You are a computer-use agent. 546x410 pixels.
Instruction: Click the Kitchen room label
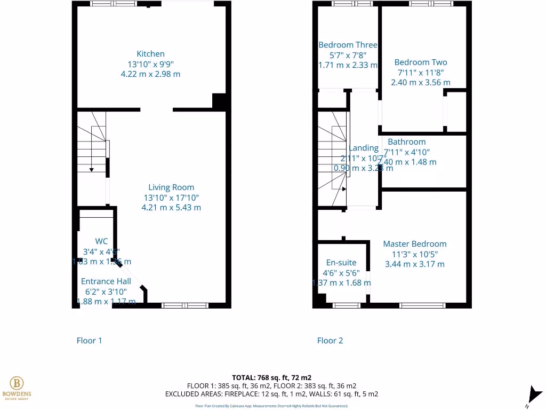click(x=151, y=54)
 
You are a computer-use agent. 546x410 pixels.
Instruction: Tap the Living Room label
click(x=171, y=187)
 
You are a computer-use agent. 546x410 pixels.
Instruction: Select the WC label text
click(x=101, y=241)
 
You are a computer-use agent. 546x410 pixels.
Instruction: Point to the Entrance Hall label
click(x=106, y=281)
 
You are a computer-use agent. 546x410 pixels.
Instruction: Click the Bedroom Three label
click(x=348, y=45)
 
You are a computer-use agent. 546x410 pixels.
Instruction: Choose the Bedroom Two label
click(x=421, y=62)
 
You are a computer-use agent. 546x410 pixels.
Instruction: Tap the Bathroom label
click(x=407, y=142)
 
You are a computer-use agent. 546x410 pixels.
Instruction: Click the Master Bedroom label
click(x=415, y=244)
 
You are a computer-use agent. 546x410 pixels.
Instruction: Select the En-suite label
click(x=341, y=263)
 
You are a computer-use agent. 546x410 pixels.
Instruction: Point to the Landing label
click(x=364, y=148)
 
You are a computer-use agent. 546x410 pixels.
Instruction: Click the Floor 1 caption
click(x=89, y=341)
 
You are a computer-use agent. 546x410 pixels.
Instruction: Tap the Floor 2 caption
click(x=330, y=341)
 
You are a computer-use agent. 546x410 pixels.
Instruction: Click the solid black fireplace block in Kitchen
click(x=219, y=101)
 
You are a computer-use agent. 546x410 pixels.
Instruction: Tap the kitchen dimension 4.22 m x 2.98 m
click(x=151, y=74)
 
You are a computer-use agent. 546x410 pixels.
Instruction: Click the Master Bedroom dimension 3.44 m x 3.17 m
click(x=415, y=264)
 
